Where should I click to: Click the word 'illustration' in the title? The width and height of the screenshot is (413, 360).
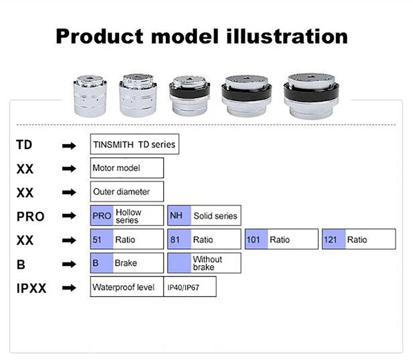coord(287,36)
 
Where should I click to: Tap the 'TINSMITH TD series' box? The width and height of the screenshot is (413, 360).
coord(134,144)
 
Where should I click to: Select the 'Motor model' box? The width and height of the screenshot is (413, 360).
coord(127,168)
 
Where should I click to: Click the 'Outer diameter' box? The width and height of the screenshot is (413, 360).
coord(127,191)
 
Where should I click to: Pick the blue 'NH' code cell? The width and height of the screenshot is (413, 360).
coord(179,216)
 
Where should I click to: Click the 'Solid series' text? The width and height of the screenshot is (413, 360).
coord(215,216)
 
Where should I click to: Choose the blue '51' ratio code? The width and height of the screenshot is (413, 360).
coord(102,239)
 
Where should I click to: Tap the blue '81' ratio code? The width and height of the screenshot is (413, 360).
coord(179,239)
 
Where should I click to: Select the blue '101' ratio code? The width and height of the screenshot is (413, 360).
coord(256,239)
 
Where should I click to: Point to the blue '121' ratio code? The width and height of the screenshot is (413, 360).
coord(334,239)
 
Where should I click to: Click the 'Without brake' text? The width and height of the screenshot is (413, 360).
coord(207,263)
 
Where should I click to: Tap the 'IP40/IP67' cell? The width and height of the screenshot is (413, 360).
coord(190,287)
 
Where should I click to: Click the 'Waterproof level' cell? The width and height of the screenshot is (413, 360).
coord(127,287)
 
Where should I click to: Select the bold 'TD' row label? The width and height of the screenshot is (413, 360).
coord(24,145)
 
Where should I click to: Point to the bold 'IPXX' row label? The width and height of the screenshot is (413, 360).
coord(31,288)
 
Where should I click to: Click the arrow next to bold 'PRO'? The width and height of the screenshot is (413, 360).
coord(69,216)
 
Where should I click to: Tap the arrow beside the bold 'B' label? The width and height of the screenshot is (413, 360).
coord(69,264)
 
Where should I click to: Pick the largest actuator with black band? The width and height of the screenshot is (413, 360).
coord(311,96)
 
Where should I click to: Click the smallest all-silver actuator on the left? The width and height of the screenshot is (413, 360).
coord(90,96)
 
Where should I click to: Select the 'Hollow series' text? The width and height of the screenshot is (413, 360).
coord(128,216)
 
